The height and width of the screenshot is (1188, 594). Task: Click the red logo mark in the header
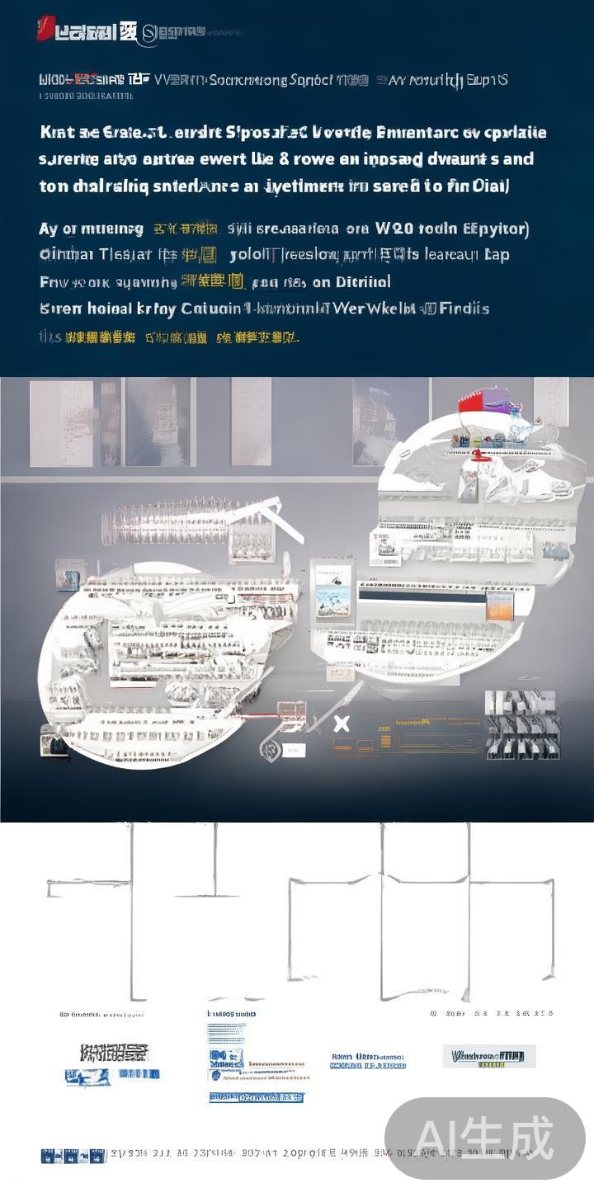(x=45, y=30)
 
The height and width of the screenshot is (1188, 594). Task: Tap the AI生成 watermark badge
(x=484, y=1138)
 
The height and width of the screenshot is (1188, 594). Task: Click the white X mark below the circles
(x=342, y=724)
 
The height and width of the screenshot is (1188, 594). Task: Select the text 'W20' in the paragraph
(x=395, y=229)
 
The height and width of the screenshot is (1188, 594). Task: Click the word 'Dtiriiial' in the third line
(x=363, y=281)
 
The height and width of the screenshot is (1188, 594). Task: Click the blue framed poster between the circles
(x=333, y=591)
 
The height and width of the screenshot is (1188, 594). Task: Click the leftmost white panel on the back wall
(x=61, y=422)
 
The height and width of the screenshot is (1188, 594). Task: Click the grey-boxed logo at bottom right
(x=488, y=1056)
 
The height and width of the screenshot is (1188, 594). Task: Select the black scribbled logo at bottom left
(x=114, y=1052)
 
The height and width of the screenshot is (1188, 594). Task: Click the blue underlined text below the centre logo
(x=256, y=1097)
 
